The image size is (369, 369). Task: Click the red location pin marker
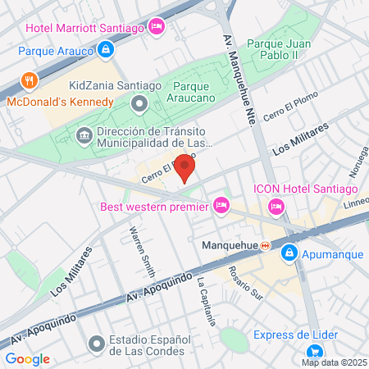[x=185, y=169]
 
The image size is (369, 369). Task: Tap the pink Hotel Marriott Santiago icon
[x=157, y=29]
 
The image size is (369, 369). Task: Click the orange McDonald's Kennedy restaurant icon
[x=30, y=80]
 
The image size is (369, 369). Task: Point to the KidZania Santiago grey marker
[x=139, y=103]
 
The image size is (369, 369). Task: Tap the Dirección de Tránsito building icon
[x=83, y=134]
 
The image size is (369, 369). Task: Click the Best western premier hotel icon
[x=220, y=207]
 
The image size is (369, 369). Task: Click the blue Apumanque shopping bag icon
[x=289, y=254]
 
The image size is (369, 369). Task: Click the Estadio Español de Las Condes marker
[x=96, y=343]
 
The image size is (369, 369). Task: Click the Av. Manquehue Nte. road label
[x=235, y=74]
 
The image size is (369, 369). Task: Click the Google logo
[x=28, y=358]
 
